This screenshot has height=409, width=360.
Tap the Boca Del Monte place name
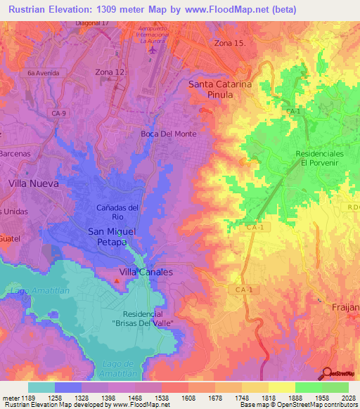(168, 134)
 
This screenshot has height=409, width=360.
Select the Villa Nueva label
(33, 183)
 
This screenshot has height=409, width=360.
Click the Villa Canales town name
(146, 271)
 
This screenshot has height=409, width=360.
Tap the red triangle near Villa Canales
(117, 281)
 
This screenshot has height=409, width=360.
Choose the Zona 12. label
(112, 72)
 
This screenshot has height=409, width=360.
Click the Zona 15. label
(231, 44)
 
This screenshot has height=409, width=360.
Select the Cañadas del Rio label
(117, 212)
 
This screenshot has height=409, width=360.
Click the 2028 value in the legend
(347, 398)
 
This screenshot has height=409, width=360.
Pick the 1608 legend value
(188, 398)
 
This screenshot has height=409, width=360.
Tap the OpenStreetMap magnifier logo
(328, 374)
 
